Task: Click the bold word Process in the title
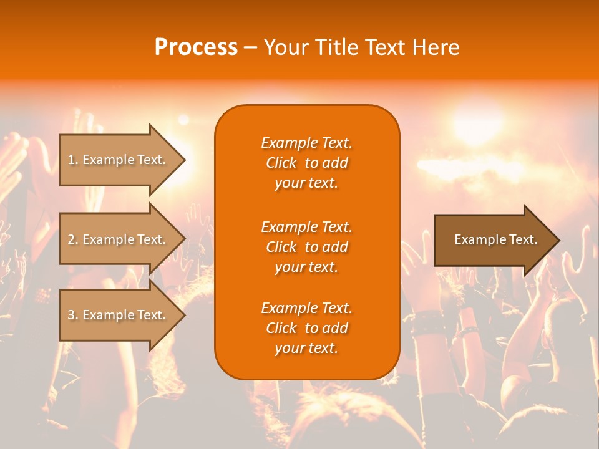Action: coord(196,47)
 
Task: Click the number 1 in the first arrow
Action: coord(71,160)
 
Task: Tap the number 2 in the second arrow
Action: coord(71,239)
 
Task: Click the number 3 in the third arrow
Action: coord(71,315)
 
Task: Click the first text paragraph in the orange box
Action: coord(306,163)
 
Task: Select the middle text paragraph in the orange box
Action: coord(306,247)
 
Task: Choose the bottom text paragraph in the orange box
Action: coord(306,328)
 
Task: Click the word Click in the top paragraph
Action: coord(281,163)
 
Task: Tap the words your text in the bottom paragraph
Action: coord(306,349)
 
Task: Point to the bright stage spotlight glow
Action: coord(477,122)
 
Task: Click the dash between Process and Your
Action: coord(250,48)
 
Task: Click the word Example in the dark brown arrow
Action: coord(477,239)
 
